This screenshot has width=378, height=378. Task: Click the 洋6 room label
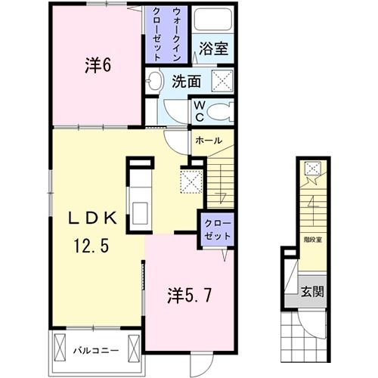pos(98,66)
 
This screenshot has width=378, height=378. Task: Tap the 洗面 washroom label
pos(185,81)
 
